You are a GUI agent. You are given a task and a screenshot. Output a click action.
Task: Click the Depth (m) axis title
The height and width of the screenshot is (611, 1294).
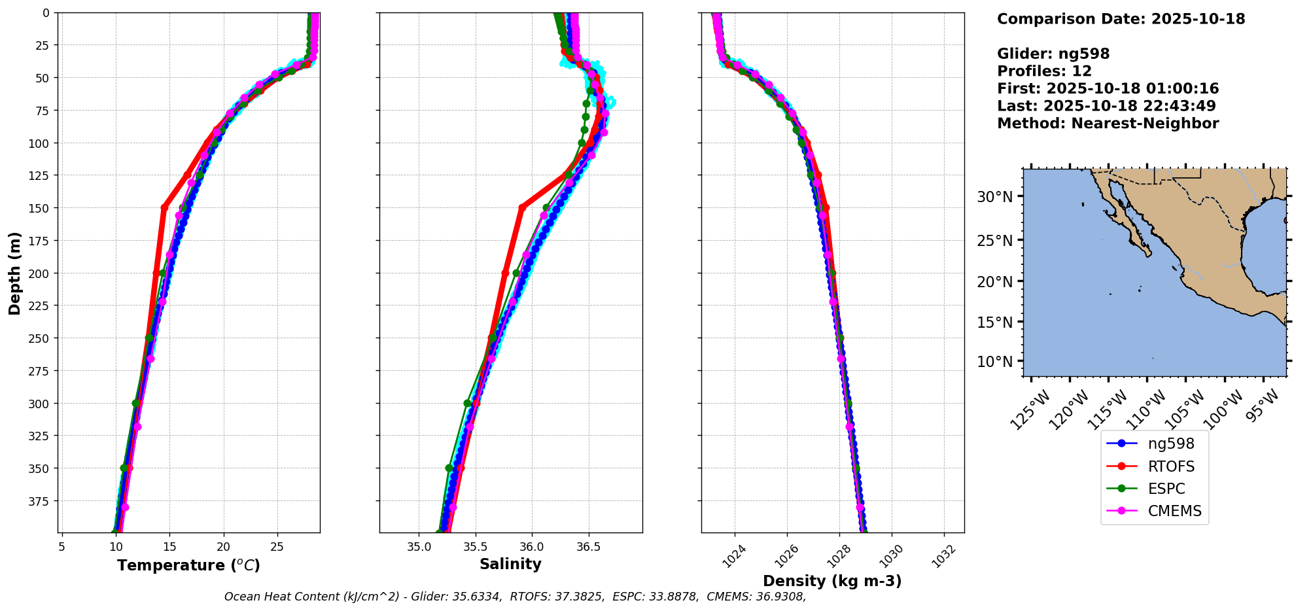[14, 273]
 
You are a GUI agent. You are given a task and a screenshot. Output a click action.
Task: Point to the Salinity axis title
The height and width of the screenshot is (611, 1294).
[510, 564]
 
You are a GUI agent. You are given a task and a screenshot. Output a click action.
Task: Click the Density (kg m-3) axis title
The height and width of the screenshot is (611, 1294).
[832, 581]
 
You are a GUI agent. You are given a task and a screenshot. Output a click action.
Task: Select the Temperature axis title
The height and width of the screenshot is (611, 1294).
[188, 565]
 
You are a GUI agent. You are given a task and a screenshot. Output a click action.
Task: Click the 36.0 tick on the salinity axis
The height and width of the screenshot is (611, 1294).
[531, 546]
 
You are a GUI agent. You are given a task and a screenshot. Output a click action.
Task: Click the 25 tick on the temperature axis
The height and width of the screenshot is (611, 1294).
[277, 546]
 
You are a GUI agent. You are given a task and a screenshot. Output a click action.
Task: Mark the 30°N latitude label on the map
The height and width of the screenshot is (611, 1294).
[994, 197]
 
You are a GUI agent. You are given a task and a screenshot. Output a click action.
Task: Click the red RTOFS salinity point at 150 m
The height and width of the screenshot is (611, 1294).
[521, 207]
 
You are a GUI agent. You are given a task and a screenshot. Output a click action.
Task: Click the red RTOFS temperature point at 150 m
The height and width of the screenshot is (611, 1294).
[164, 207]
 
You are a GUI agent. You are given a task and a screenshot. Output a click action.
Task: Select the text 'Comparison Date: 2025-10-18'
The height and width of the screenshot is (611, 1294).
[1121, 19]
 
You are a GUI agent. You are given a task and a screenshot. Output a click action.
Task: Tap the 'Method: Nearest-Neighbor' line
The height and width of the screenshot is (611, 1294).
[1108, 124]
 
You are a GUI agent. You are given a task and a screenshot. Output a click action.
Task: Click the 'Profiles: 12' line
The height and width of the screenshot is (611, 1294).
[1044, 71]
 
